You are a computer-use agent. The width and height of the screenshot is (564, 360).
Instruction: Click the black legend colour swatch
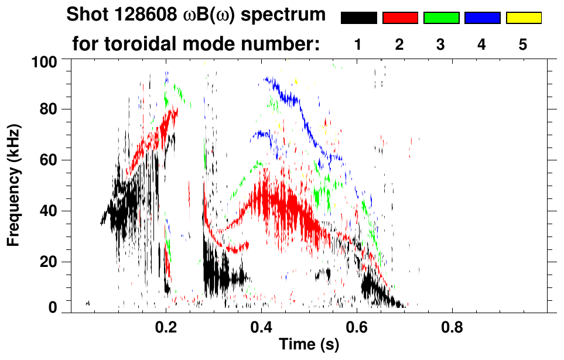[359, 18]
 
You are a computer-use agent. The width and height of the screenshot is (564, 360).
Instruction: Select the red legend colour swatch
[400, 18]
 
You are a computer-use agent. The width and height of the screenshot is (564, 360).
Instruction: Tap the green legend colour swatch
[441, 18]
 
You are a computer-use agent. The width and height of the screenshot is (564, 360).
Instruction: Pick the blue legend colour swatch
[482, 18]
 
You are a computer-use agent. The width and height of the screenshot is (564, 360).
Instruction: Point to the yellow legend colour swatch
[523, 18]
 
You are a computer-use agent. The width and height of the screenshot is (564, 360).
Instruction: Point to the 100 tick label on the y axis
[43, 61]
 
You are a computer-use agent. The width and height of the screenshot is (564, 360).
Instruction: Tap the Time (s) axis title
[309, 345]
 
